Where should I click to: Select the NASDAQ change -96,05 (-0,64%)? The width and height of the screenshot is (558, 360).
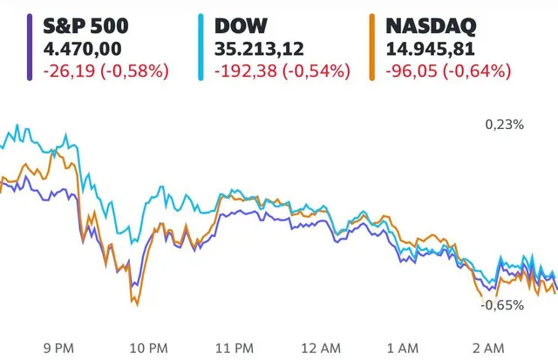click(447, 70)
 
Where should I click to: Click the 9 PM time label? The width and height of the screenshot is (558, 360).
click(58, 348)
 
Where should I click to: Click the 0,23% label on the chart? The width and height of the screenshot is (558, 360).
click(504, 125)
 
